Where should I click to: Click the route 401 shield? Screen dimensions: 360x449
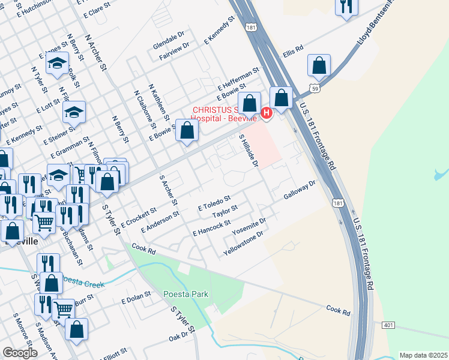[x=387, y=325]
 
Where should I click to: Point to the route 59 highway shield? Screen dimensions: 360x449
[x=313, y=89]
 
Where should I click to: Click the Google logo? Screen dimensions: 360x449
[x=20, y=353]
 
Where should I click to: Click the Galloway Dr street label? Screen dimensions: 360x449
[x=299, y=190]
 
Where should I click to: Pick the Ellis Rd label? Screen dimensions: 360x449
[x=294, y=52]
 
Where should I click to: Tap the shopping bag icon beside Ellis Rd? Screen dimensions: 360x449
[x=319, y=65]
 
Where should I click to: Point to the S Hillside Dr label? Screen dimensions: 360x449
[x=248, y=151]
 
